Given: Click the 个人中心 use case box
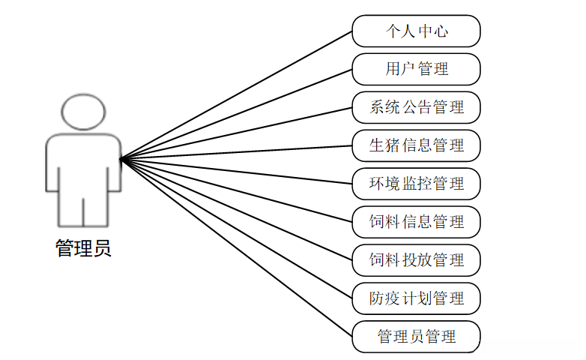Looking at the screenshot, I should (416, 31).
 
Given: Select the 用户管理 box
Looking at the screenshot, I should (416, 69).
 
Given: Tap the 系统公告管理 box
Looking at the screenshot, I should (416, 107).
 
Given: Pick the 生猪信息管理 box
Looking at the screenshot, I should (416, 145).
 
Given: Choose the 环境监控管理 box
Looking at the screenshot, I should (416, 184).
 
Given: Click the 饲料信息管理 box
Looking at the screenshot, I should (416, 222).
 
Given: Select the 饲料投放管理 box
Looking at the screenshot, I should (416, 260).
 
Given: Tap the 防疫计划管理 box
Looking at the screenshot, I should (416, 298).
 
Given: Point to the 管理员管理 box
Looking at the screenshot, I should (416, 337).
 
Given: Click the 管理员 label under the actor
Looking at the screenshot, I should (83, 249).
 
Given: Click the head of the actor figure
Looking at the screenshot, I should (83, 113).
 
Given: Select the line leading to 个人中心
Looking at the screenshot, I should (236, 95).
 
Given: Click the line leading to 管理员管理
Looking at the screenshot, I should (236, 247).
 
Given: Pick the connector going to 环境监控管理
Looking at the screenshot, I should (236, 171).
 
